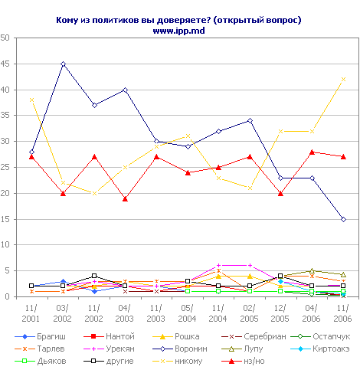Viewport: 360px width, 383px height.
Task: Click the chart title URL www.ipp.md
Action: (179, 30)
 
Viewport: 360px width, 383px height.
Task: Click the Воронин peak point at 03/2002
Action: (63, 64)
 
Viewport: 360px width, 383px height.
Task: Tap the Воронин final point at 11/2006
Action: (343, 219)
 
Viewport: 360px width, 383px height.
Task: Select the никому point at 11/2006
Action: (343, 79)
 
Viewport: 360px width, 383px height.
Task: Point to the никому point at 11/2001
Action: (31, 100)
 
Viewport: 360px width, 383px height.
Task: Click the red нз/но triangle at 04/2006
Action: (312, 152)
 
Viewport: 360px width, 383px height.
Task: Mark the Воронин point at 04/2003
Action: (125, 90)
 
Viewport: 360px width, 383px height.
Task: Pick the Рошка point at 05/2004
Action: (188, 136)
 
